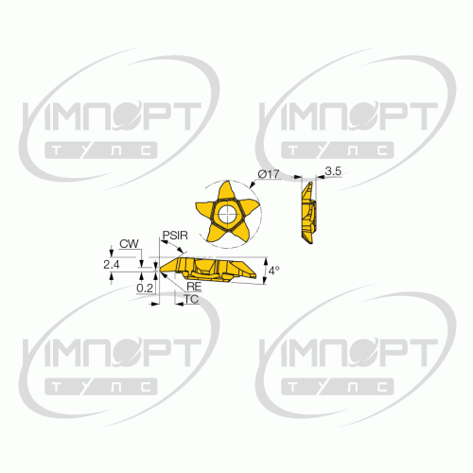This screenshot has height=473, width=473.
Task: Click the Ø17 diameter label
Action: click(269, 174)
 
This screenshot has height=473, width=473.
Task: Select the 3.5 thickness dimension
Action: click(333, 171)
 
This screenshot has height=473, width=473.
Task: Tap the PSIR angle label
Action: click(175, 236)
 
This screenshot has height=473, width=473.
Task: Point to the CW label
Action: click(129, 244)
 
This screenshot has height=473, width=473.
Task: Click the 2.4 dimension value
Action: click(112, 265)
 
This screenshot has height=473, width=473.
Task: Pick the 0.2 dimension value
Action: click(145, 288)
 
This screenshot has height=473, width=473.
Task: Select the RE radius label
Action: click(194, 287)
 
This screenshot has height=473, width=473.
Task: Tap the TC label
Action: click(191, 299)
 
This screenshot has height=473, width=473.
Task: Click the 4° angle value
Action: click(274, 271)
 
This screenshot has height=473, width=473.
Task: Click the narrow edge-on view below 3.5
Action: click(308, 213)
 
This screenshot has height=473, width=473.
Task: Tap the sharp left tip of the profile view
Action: click(160, 269)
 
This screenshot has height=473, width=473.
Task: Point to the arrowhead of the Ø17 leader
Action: click(252, 185)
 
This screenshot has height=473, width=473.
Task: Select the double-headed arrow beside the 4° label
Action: click(265, 271)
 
